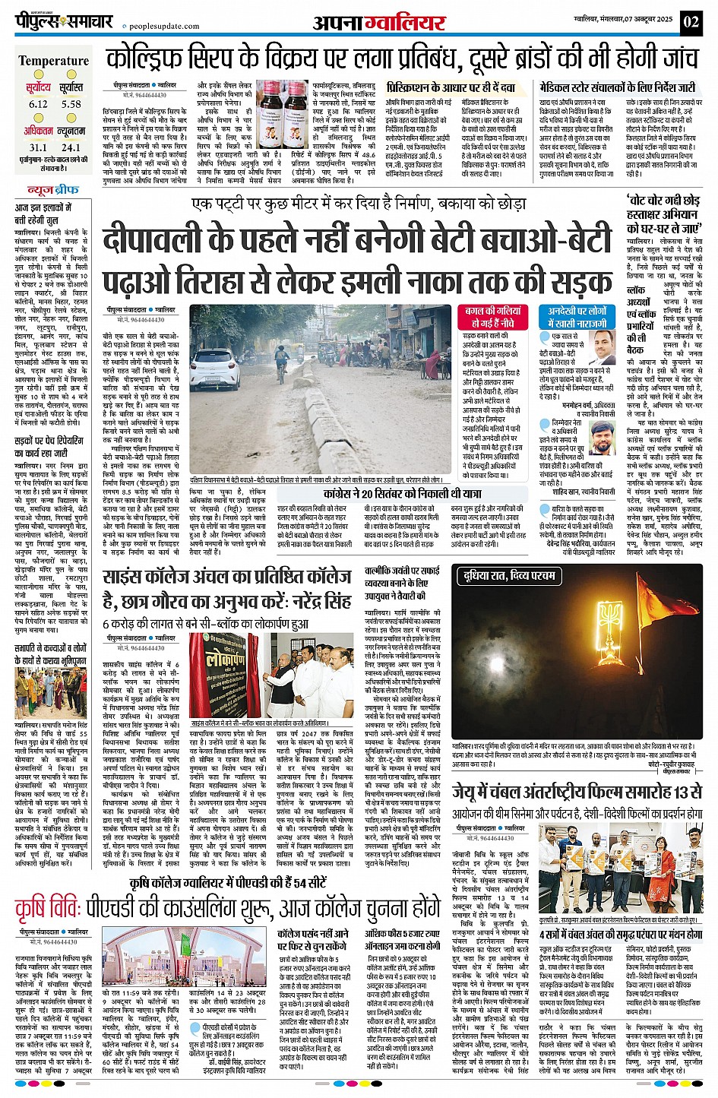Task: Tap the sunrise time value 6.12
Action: pos(38,104)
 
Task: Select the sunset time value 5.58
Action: pos(71,104)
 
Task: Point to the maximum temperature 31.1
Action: pos(37,147)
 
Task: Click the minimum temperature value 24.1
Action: pos(71,147)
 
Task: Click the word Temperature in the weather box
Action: pos(53,61)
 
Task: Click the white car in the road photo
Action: pos(215,371)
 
